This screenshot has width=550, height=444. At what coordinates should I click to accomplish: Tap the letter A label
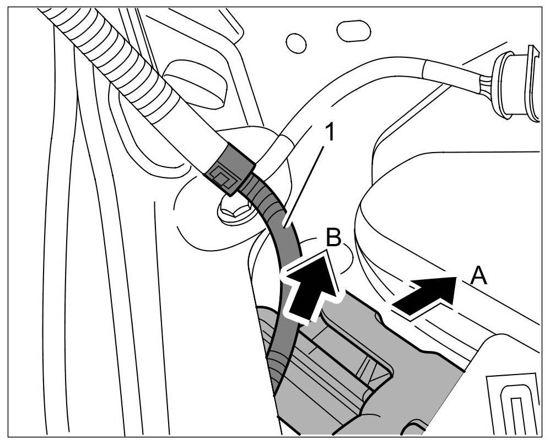[479, 275]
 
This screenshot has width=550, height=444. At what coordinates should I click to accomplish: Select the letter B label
[335, 237]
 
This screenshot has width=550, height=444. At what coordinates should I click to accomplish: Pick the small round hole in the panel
[296, 42]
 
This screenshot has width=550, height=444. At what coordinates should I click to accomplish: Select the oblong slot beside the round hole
[353, 31]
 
